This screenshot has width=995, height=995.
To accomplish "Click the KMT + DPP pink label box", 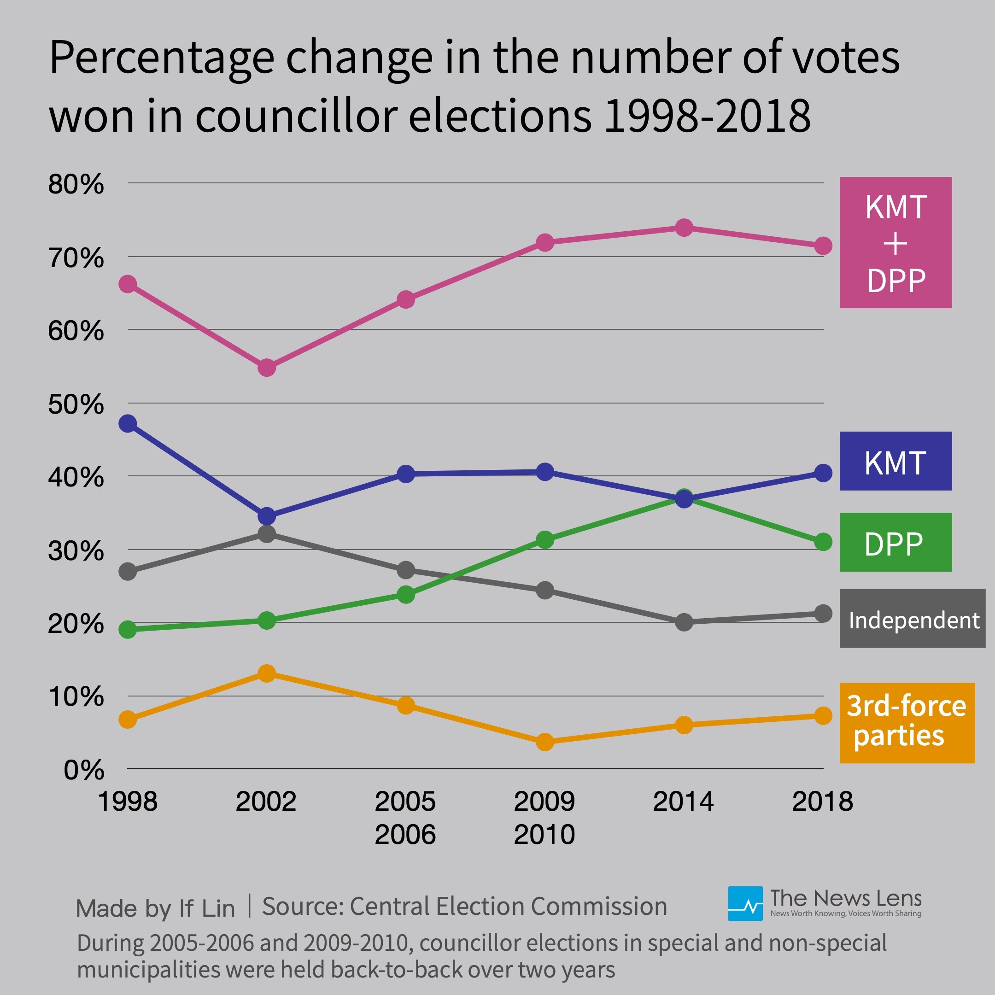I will click(x=895, y=243).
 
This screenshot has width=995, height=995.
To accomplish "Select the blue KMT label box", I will click(x=895, y=461).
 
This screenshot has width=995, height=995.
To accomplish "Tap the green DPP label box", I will click(x=895, y=542).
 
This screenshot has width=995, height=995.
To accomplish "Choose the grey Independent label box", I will click(x=912, y=619).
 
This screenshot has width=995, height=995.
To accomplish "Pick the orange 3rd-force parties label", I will click(x=907, y=723).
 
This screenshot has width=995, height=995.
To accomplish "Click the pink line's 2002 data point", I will click(x=266, y=368).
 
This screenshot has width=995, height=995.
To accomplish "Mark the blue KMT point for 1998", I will click(x=128, y=423).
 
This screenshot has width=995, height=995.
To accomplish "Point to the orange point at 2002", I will click(x=266, y=673).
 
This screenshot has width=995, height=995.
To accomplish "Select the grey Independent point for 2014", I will click(x=684, y=622).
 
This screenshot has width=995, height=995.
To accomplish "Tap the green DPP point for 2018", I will click(x=823, y=542).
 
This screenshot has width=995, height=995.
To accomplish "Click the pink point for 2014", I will click(x=684, y=227).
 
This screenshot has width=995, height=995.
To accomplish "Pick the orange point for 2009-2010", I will click(x=544, y=742).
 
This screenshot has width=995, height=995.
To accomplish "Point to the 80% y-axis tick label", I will click(x=76, y=184).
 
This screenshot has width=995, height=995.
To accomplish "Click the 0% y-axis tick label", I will click(x=83, y=771).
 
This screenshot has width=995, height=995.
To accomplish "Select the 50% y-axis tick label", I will click(x=76, y=405).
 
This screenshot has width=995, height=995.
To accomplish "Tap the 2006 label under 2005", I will click(x=405, y=835).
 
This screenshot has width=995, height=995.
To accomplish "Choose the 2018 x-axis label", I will click(x=822, y=802).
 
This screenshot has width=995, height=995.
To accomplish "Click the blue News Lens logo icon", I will click(x=745, y=904).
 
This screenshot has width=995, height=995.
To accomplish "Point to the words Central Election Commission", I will click(x=508, y=907).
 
